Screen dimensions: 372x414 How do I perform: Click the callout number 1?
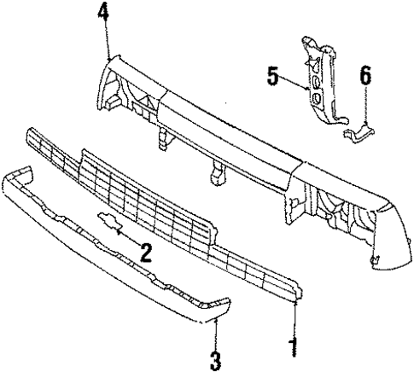tap(293, 349)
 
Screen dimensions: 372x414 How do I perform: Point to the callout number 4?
tap(103, 14)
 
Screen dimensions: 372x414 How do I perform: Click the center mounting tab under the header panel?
tap(215, 173)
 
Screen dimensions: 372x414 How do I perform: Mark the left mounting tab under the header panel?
tap(160, 137)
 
